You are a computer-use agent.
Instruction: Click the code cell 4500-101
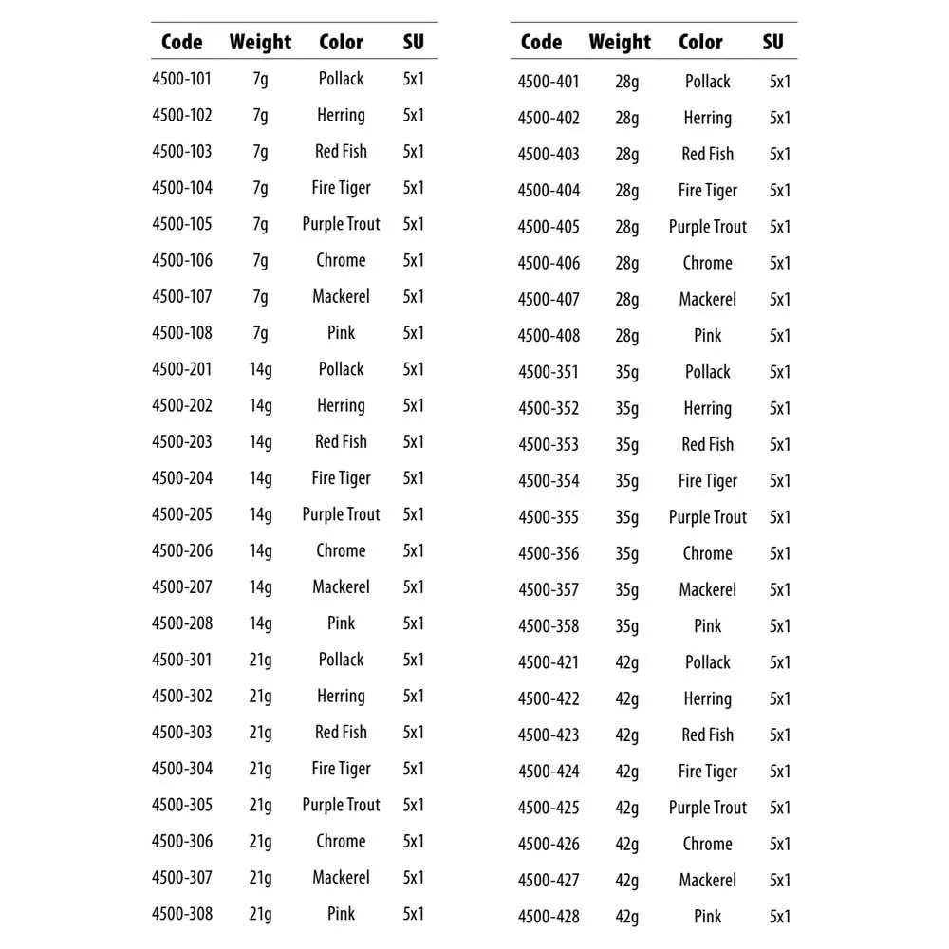[x=181, y=79]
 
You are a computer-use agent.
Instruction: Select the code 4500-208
[x=181, y=623]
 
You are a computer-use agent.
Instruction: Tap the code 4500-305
[x=181, y=805]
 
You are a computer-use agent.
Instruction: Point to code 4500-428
[x=548, y=917]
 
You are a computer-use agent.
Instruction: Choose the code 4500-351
[x=548, y=372]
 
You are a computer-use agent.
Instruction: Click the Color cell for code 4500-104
[x=341, y=188]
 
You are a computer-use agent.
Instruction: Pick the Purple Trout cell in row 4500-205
[x=341, y=514]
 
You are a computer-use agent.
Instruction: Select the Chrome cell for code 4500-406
[x=707, y=263]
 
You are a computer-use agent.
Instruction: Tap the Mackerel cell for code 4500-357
[x=707, y=589]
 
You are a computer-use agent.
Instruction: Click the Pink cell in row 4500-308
[x=341, y=914]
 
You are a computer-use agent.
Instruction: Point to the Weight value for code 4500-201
[x=260, y=369]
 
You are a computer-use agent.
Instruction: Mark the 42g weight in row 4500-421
[x=626, y=662]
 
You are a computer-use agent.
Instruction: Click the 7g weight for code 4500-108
[x=260, y=333]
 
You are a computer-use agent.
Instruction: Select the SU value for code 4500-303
[x=413, y=733]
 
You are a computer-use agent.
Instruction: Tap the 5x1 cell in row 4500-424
[x=779, y=772]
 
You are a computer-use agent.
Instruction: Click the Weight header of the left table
[x=260, y=42]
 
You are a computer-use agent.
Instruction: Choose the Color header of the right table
[x=700, y=42]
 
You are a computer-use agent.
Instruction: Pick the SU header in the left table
[x=413, y=42]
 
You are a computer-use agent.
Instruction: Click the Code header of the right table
[x=541, y=42]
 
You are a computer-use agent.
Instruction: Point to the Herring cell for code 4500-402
[x=707, y=118]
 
